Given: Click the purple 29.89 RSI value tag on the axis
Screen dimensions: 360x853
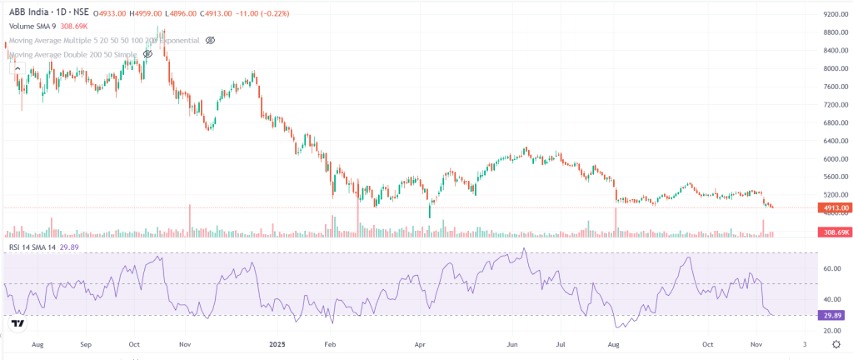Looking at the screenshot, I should pos(833,316).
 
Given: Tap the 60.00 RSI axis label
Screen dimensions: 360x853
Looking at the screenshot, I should pos(833,269).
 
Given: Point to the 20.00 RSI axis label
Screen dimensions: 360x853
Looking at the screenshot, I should pos(833,331).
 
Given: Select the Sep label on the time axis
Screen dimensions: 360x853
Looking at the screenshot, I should pos(86,343).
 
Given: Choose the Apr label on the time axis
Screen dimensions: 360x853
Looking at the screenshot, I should pos(420,343).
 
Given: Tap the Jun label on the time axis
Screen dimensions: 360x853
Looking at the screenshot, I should pos(513,343).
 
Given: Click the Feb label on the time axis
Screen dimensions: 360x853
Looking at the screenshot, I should pos(329,343).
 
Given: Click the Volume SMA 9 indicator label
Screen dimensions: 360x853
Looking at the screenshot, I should pos(33,27).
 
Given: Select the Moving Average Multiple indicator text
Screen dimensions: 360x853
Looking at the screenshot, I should pos(104,40).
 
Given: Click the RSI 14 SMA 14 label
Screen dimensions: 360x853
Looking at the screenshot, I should pos(31,247).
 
